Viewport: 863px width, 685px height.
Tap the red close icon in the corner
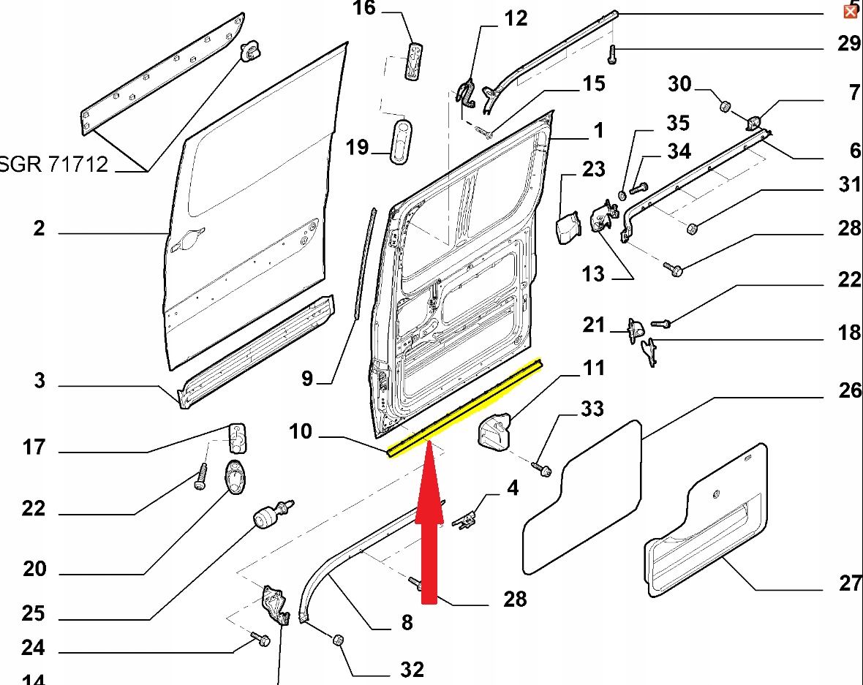pyautogui.click(x=851, y=11)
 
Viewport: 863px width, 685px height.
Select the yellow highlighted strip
pyautogui.click(x=465, y=407)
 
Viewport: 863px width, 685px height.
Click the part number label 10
pyautogui.click(x=300, y=432)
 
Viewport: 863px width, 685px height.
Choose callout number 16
pyautogui.click(x=363, y=9)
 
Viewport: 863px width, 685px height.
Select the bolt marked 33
pyautogui.click(x=541, y=468)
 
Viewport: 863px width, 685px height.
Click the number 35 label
pyautogui.click(x=677, y=121)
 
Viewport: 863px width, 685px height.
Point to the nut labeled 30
pyautogui.click(x=725, y=107)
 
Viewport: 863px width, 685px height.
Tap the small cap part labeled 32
pyautogui.click(x=339, y=640)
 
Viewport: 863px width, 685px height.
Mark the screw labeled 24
pyautogui.click(x=261, y=640)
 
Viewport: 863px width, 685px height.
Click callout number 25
pyautogui.click(x=34, y=613)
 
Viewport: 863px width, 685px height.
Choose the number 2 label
pyautogui.click(x=39, y=228)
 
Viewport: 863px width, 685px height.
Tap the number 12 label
pyautogui.click(x=516, y=18)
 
